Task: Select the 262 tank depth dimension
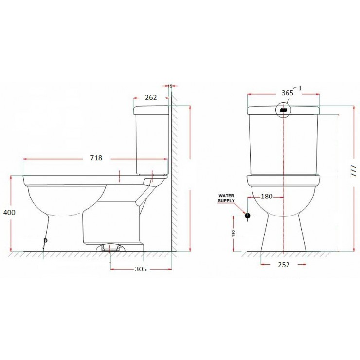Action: pos(151,97)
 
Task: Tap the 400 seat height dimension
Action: pos(9,212)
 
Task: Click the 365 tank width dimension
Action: pos(287,93)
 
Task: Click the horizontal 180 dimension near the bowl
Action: pos(266,197)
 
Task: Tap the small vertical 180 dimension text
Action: pos(234,234)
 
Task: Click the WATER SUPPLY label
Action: pos(226,198)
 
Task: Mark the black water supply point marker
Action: pos(247,215)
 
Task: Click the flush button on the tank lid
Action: pos(284,110)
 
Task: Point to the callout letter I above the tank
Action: pos(300,88)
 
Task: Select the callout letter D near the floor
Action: pos(45,241)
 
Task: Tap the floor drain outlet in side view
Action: pos(111,248)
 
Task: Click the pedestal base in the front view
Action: pos(284,234)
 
